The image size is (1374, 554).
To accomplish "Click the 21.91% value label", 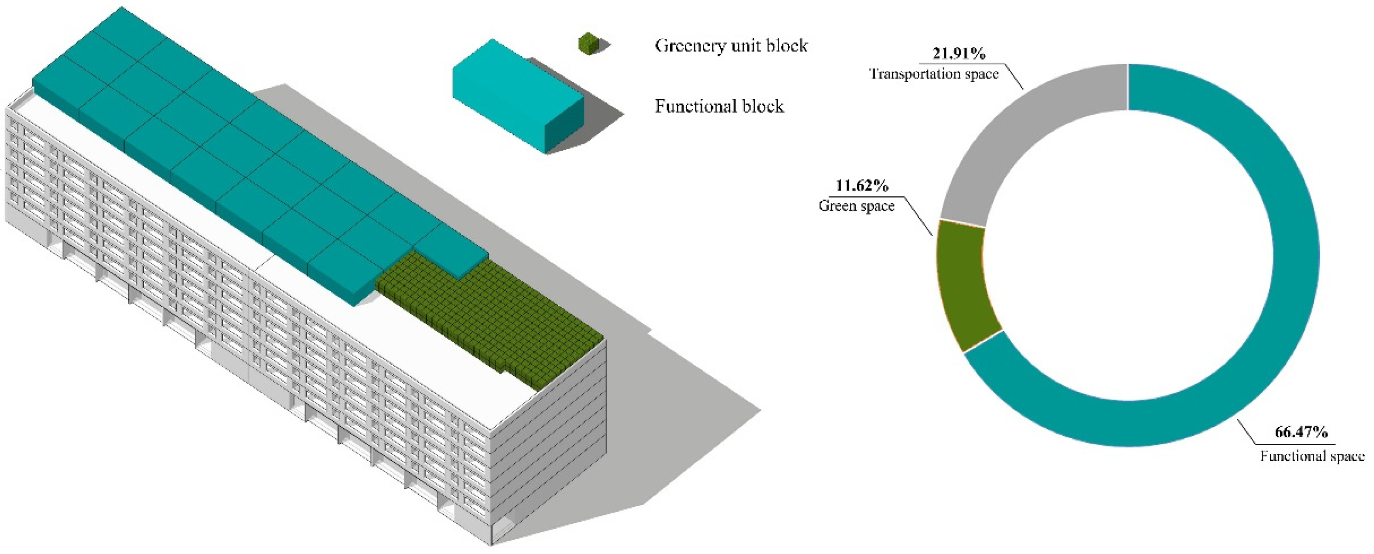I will (x=959, y=53).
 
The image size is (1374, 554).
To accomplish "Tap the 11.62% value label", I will (x=861, y=186).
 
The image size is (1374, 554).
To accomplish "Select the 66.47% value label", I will (x=1301, y=432).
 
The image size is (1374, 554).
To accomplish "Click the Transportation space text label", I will (x=934, y=73).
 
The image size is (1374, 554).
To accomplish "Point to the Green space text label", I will (x=856, y=206).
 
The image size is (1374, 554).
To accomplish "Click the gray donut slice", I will (x=1029, y=133).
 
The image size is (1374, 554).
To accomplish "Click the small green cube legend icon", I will (x=588, y=43).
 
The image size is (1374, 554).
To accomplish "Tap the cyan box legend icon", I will (x=517, y=96).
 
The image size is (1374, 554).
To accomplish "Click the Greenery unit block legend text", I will (x=731, y=45).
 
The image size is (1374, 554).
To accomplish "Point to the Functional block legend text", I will (x=719, y=107).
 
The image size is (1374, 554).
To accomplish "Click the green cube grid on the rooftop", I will (x=496, y=320).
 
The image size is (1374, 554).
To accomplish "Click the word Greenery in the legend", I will (x=693, y=46).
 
